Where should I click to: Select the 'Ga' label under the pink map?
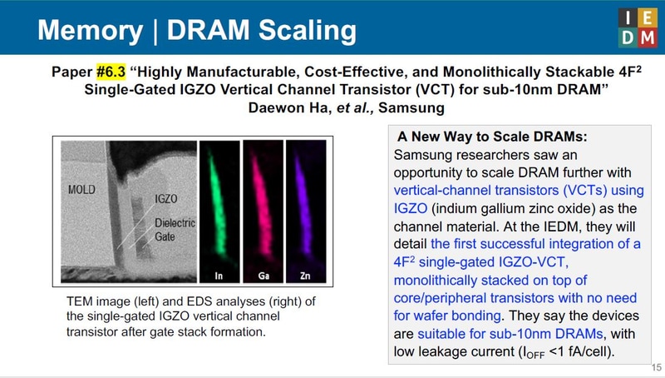[263, 275]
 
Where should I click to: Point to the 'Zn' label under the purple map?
[306, 275]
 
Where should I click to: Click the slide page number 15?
[656, 367]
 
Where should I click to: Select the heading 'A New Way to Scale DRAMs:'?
[475, 137]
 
